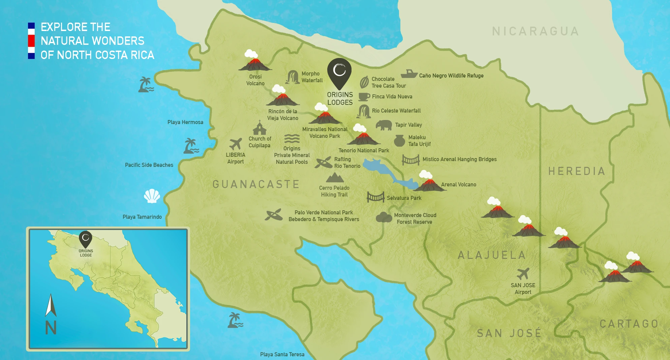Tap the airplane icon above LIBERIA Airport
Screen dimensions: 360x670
[x=236, y=144]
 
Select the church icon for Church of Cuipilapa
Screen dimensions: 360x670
[x=260, y=128]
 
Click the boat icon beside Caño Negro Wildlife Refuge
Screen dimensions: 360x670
[x=409, y=73]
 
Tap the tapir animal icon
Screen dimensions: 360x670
[x=384, y=125]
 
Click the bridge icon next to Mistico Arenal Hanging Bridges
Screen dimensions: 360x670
[x=410, y=160]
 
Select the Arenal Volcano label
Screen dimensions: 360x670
[x=458, y=185]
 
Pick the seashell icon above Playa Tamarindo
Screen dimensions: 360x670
[x=152, y=196]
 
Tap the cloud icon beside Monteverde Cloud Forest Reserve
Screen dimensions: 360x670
[x=384, y=217]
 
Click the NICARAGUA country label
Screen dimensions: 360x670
[x=535, y=31]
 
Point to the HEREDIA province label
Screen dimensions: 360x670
[x=576, y=171]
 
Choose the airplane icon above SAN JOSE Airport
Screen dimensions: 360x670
[x=523, y=274]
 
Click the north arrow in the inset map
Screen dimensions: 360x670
[x=51, y=305]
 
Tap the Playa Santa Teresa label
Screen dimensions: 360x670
[x=282, y=354]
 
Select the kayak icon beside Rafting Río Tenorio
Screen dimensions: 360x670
[x=324, y=162]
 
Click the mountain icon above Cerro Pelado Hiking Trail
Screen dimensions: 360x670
[x=335, y=178]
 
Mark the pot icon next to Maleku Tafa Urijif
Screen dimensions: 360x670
[x=399, y=141]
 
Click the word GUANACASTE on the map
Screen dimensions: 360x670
[x=256, y=184]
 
